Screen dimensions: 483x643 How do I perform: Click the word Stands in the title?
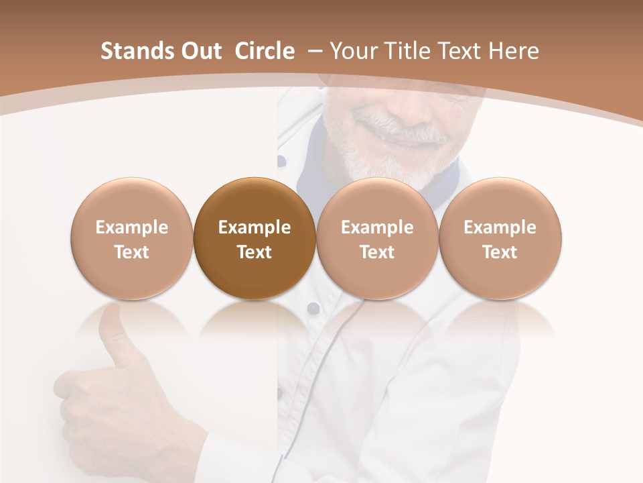[133, 51]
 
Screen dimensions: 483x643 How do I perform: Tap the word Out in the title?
[197, 51]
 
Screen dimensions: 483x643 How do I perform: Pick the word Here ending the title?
[513, 51]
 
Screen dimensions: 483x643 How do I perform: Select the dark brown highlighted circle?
[255, 239]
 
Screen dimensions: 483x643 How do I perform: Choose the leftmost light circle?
[132, 239]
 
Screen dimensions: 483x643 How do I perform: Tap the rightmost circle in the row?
[500, 239]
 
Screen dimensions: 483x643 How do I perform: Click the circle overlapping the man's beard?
[377, 239]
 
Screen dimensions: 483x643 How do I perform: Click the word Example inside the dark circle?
[255, 227]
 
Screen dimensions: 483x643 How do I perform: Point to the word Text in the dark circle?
[255, 252]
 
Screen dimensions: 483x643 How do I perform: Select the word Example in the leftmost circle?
[132, 227]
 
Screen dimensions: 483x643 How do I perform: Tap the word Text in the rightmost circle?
[500, 252]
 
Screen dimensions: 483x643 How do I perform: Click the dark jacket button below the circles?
[313, 308]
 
